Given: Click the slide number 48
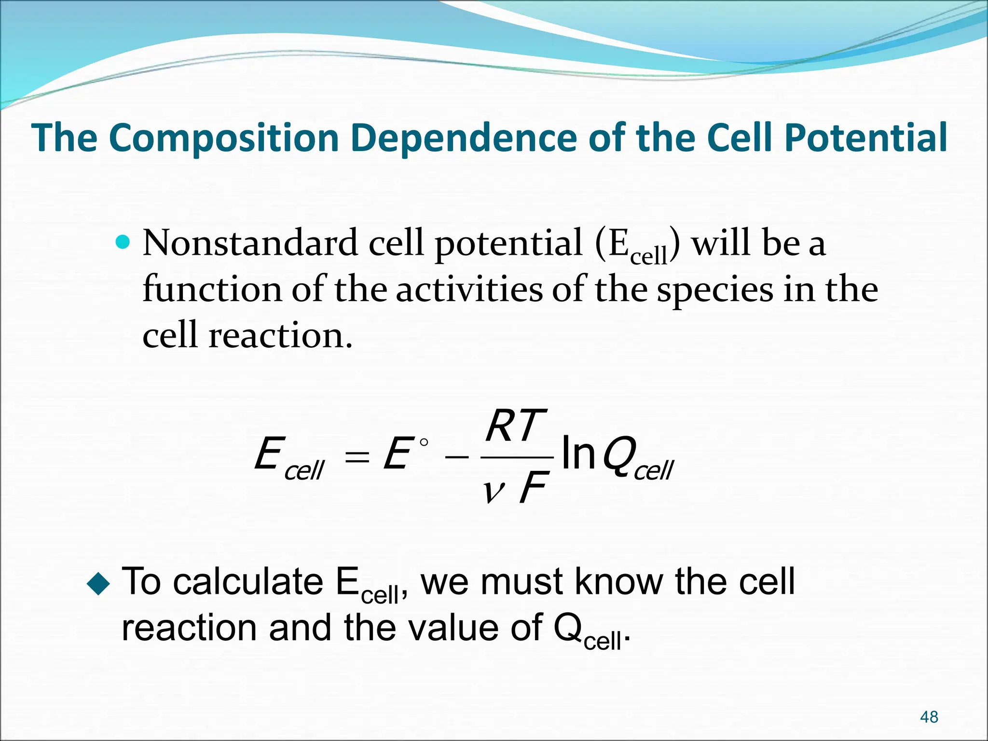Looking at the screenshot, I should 929,717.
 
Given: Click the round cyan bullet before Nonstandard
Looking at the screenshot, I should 123,241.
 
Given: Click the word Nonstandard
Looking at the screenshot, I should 250,243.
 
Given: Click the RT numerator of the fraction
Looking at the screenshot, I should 515,426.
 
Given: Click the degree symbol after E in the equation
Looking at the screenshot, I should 424,442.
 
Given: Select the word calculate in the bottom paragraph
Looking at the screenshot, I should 248,582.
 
